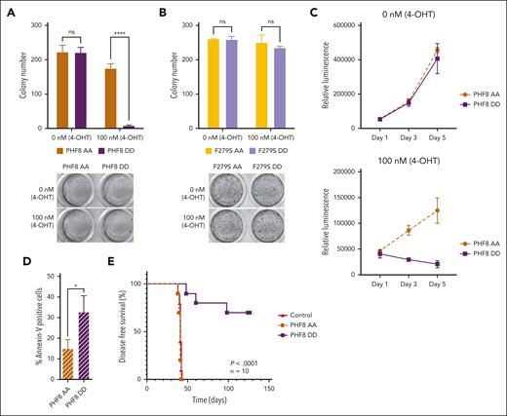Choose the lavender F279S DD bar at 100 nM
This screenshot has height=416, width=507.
[x=280, y=88]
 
